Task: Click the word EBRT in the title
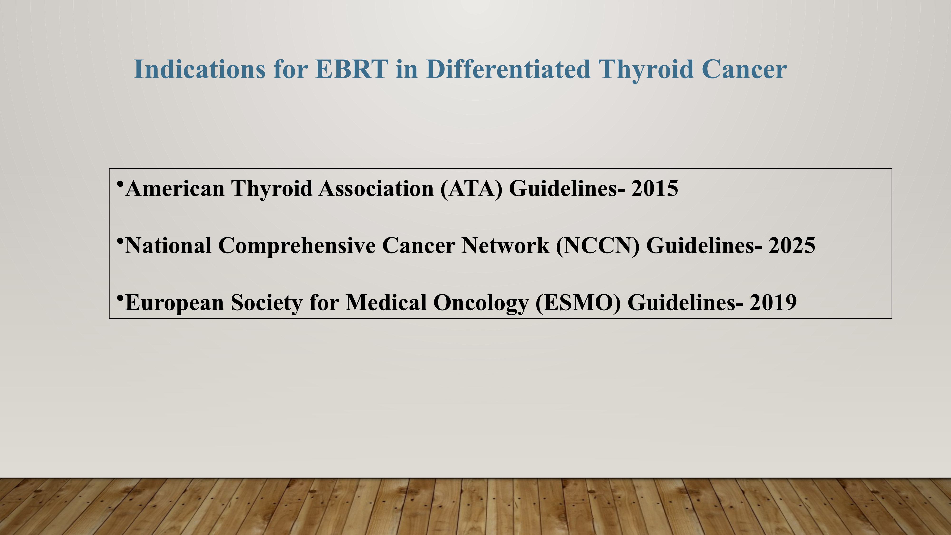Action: (352, 69)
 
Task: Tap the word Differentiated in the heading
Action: (508, 69)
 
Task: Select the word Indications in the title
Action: (199, 69)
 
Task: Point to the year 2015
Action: (655, 189)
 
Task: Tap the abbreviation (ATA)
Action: (471, 189)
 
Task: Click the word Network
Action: (505, 246)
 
